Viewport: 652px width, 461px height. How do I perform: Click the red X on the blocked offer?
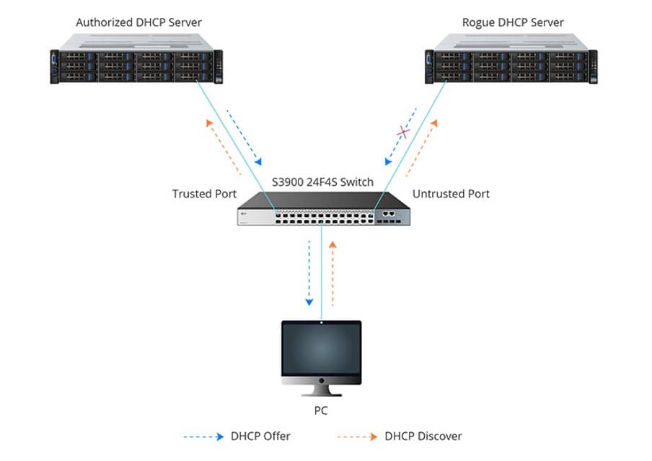405,133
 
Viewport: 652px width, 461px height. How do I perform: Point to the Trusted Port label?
204,194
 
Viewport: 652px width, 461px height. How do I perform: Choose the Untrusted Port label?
451,194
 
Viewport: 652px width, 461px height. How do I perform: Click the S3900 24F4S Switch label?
323,182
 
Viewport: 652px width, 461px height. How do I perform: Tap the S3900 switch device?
324,210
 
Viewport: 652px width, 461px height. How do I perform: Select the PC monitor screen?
321,351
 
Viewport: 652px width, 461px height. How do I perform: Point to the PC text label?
321,413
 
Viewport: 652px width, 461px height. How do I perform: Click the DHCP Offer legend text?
260,436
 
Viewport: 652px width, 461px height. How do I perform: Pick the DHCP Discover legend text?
423,436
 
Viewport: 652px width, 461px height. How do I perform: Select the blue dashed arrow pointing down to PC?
309,272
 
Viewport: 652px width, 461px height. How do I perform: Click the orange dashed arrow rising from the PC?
332,272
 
